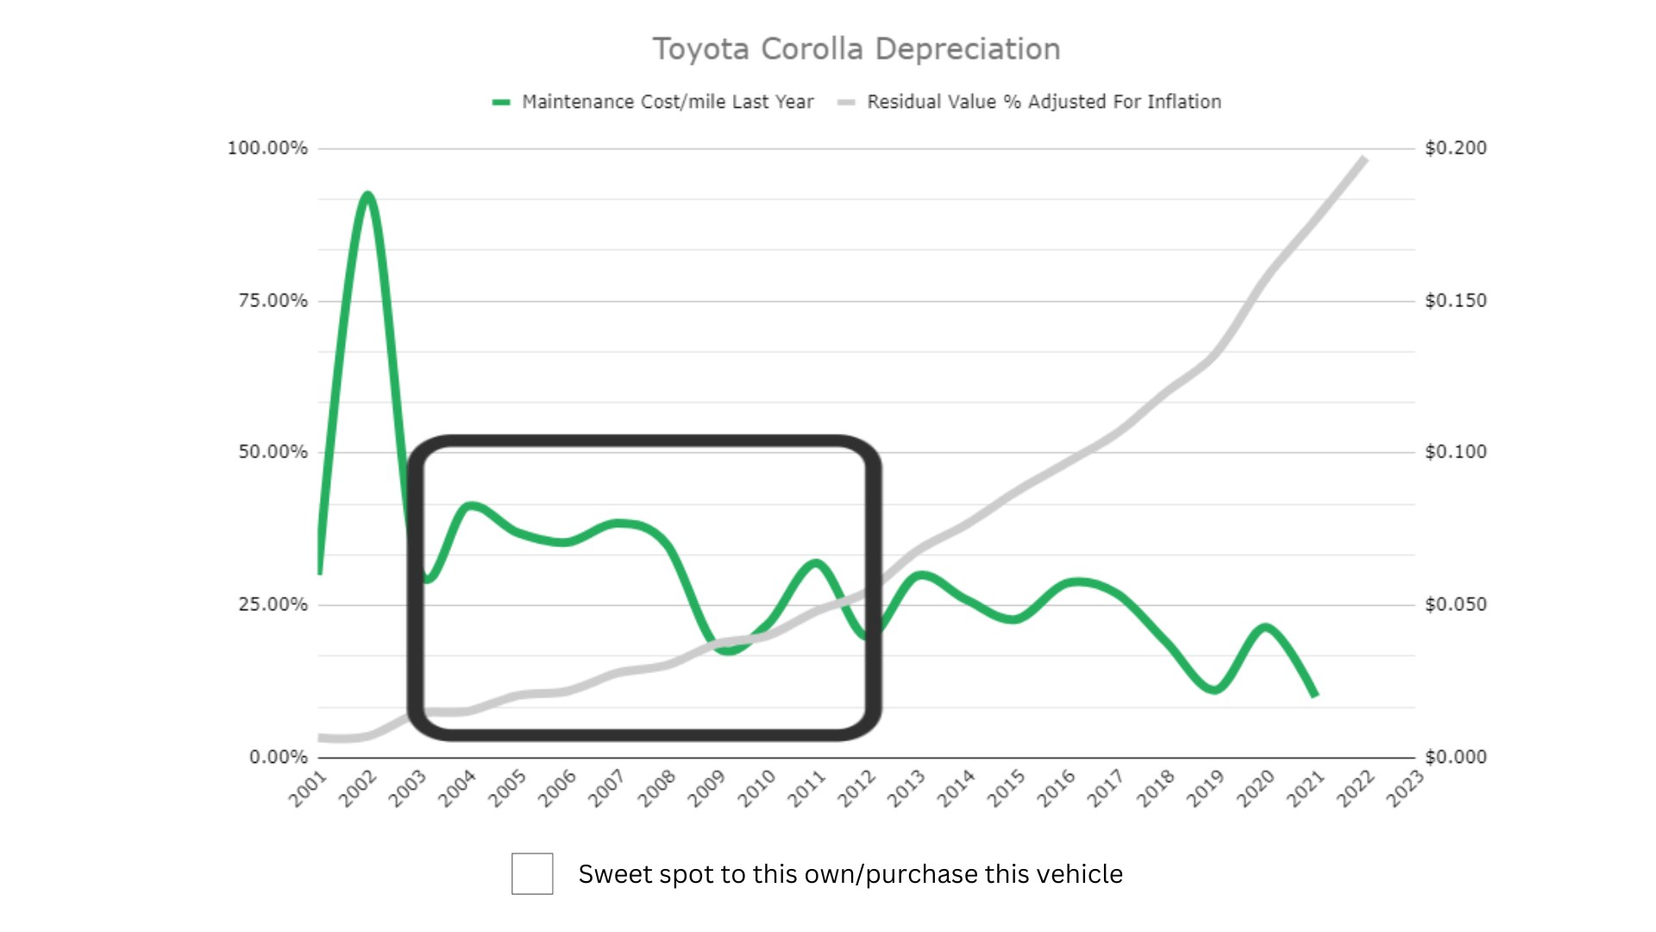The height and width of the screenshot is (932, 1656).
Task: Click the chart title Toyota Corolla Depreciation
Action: pos(856,49)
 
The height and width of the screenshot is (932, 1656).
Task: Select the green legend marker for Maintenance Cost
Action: pos(501,102)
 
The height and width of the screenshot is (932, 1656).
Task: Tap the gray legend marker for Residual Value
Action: pos(846,102)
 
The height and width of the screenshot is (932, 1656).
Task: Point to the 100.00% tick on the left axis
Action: pos(267,148)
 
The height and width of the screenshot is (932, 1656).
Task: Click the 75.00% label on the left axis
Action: pos(273,300)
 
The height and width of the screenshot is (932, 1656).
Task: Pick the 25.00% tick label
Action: pos(273,604)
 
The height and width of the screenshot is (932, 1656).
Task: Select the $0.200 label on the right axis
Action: pos(1455,148)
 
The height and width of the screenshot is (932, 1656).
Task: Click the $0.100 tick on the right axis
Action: pos(1455,451)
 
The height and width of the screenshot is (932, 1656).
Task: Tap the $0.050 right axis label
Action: pos(1455,604)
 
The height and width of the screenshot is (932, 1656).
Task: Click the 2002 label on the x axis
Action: pos(358,789)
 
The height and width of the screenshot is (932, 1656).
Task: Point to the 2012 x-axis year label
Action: pos(856,789)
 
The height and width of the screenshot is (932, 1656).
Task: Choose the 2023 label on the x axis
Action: pos(1404,789)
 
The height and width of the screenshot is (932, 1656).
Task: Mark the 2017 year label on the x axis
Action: pos(1105,789)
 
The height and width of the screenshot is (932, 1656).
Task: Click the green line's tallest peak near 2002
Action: pos(368,195)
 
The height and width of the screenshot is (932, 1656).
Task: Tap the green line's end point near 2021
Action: pos(1314,694)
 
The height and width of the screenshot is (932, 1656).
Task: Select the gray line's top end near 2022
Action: pos(1364,159)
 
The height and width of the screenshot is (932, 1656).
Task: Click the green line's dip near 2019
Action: pos(1214,690)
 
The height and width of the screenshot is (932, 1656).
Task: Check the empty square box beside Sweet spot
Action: pos(532,873)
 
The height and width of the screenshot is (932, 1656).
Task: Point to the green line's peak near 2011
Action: pos(815,564)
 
